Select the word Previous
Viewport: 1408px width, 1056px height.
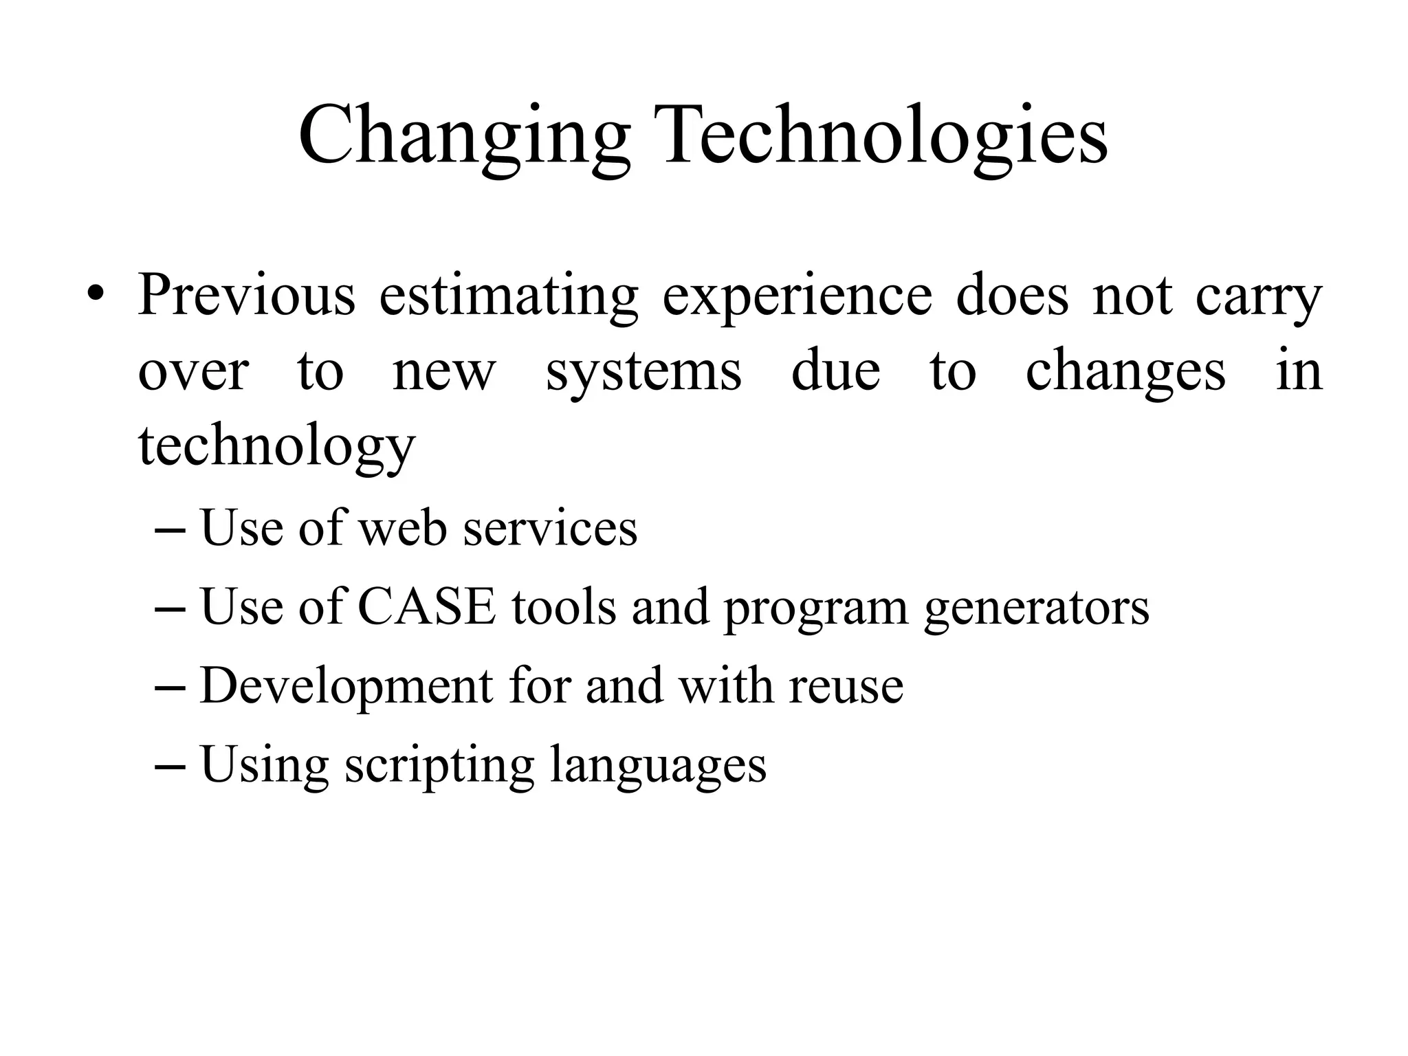[247, 295]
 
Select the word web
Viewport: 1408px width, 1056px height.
[403, 528]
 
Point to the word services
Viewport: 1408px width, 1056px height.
[550, 528]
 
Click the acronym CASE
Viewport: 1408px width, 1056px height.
[426, 606]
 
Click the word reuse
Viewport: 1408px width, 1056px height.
[846, 686]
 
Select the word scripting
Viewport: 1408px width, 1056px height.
[439, 766]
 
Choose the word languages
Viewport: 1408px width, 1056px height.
[658, 766]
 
